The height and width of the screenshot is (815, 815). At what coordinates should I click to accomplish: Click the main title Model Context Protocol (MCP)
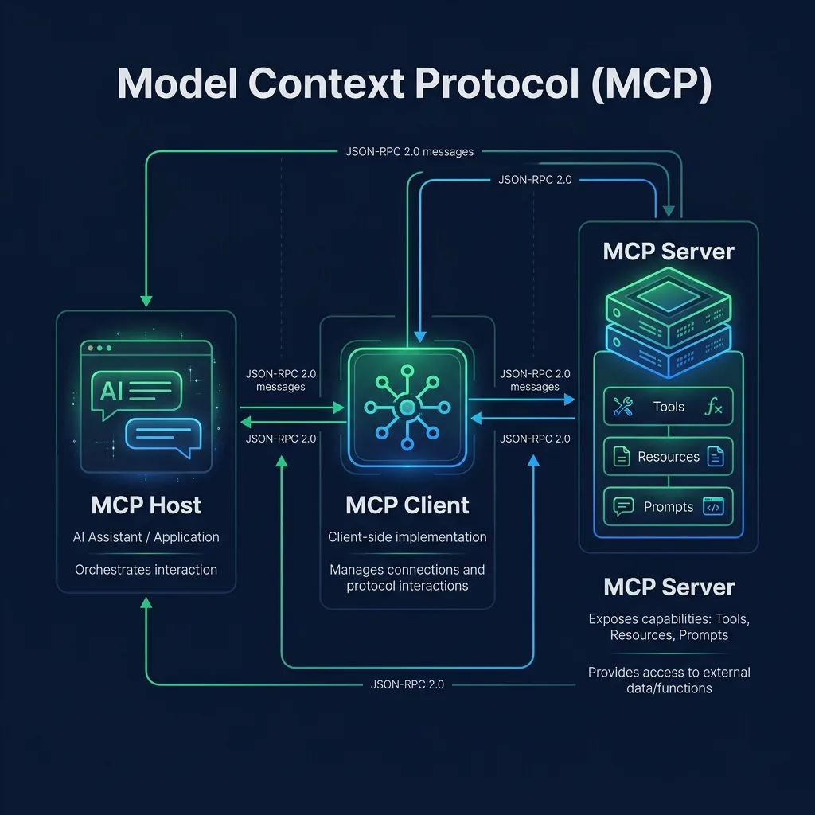(x=414, y=83)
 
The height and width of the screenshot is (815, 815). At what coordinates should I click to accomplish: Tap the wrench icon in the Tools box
(x=622, y=407)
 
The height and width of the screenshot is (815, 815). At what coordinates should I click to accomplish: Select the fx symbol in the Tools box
(x=713, y=407)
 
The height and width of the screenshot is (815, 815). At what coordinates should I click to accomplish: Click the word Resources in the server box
(x=669, y=456)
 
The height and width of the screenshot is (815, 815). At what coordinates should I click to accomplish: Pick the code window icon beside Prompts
(x=713, y=506)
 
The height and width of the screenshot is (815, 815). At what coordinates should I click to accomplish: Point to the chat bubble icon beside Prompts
(x=623, y=506)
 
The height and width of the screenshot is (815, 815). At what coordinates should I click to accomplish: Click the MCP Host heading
(x=146, y=505)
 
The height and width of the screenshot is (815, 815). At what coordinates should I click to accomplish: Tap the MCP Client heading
(x=407, y=505)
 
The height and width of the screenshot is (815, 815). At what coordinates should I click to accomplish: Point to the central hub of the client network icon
(x=407, y=407)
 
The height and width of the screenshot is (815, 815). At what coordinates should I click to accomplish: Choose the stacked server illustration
(x=669, y=322)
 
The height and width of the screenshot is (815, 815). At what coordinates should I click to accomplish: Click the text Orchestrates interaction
(x=146, y=570)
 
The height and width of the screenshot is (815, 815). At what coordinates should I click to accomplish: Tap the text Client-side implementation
(x=407, y=537)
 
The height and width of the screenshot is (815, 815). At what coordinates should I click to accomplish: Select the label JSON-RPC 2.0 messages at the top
(x=410, y=152)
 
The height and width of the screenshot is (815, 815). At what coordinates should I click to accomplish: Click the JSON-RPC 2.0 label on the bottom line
(x=407, y=684)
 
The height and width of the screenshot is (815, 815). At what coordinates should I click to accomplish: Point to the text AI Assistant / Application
(x=146, y=537)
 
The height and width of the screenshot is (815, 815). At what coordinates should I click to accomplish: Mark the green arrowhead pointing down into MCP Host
(x=146, y=301)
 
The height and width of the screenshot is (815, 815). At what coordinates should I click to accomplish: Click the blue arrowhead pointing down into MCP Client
(x=420, y=337)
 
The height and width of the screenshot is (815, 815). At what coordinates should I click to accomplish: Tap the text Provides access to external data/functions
(x=669, y=680)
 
